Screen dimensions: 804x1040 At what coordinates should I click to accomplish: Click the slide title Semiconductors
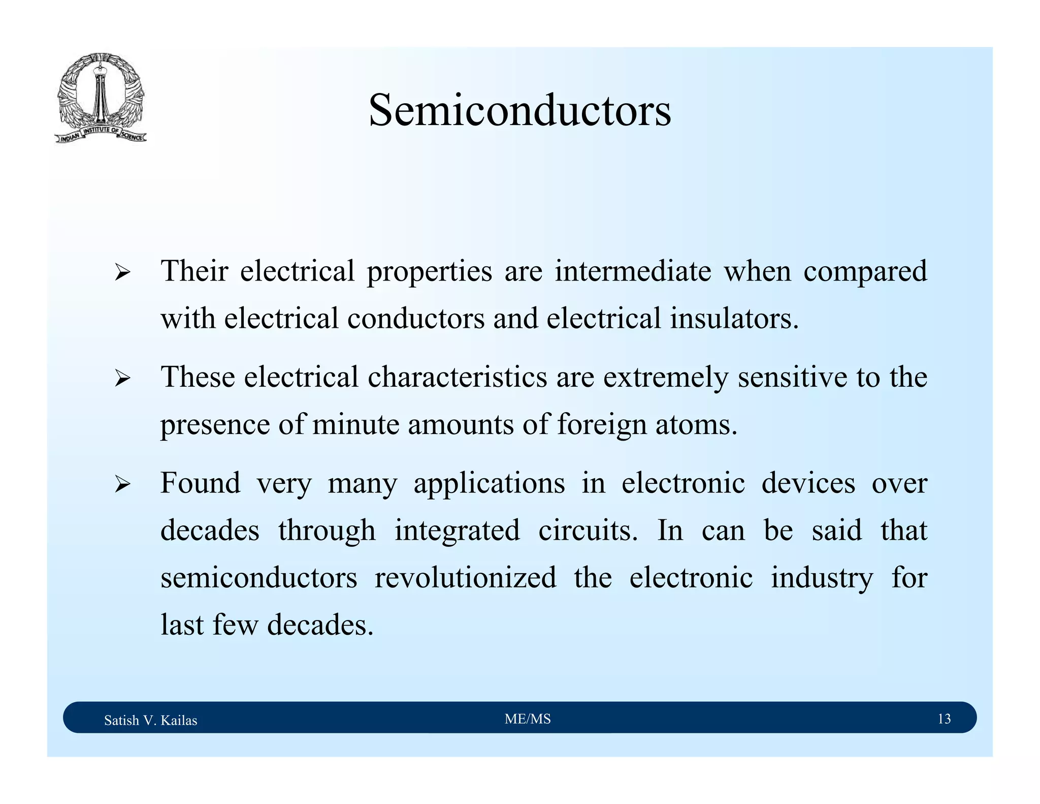tap(519, 110)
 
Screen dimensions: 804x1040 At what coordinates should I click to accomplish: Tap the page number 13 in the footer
tap(944, 719)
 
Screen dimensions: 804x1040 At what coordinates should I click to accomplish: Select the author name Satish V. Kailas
tap(150, 720)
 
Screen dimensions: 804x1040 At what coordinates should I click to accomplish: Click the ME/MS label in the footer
tap(528, 719)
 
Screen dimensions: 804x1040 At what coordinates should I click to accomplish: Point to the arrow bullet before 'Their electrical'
tap(122, 273)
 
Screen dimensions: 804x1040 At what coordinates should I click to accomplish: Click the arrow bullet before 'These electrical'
tap(122, 379)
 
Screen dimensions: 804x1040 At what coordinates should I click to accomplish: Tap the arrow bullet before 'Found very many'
tap(122, 484)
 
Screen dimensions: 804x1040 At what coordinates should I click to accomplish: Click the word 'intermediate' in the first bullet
tap(633, 271)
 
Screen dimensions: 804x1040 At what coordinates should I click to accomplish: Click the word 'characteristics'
tap(457, 377)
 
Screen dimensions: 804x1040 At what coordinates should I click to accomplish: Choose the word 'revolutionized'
tap(465, 577)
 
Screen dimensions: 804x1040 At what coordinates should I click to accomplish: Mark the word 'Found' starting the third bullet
tap(201, 483)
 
